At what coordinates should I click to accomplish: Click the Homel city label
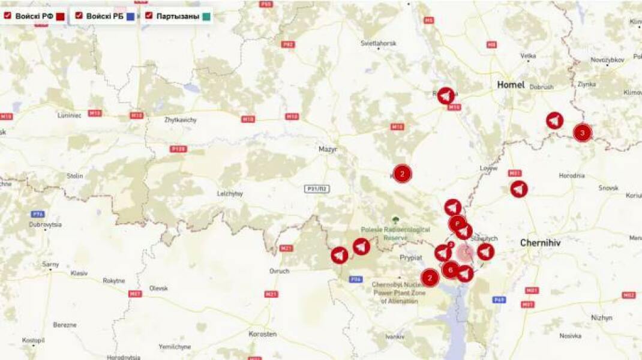pos(511,85)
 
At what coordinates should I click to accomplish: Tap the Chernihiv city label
pos(541,243)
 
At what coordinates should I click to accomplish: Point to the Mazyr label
pos(328,149)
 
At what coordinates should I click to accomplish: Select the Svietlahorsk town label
pos(378,44)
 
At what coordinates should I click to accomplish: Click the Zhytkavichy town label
pos(181,119)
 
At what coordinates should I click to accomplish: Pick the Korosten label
pos(263,334)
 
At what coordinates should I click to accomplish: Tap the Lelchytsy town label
pos(230,193)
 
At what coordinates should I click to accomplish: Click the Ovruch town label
pos(279,271)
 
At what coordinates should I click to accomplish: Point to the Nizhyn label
pos(602,317)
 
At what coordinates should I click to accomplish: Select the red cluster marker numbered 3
pos(582,132)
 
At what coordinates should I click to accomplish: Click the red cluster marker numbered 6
pos(451,270)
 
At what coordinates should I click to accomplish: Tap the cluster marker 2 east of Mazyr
pos(402,174)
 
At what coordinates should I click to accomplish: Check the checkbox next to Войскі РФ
pos(8,16)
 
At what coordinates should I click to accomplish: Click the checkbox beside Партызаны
pos(149,16)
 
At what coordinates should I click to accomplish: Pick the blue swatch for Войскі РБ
pos(130,17)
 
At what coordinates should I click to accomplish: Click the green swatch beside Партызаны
pos(206,17)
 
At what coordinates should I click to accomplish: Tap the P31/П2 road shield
pos(316,189)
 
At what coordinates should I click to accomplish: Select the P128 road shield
pos(178,149)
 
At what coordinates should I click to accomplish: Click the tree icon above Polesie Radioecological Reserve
pos(395,220)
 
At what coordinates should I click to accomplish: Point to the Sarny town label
pos(50,264)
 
